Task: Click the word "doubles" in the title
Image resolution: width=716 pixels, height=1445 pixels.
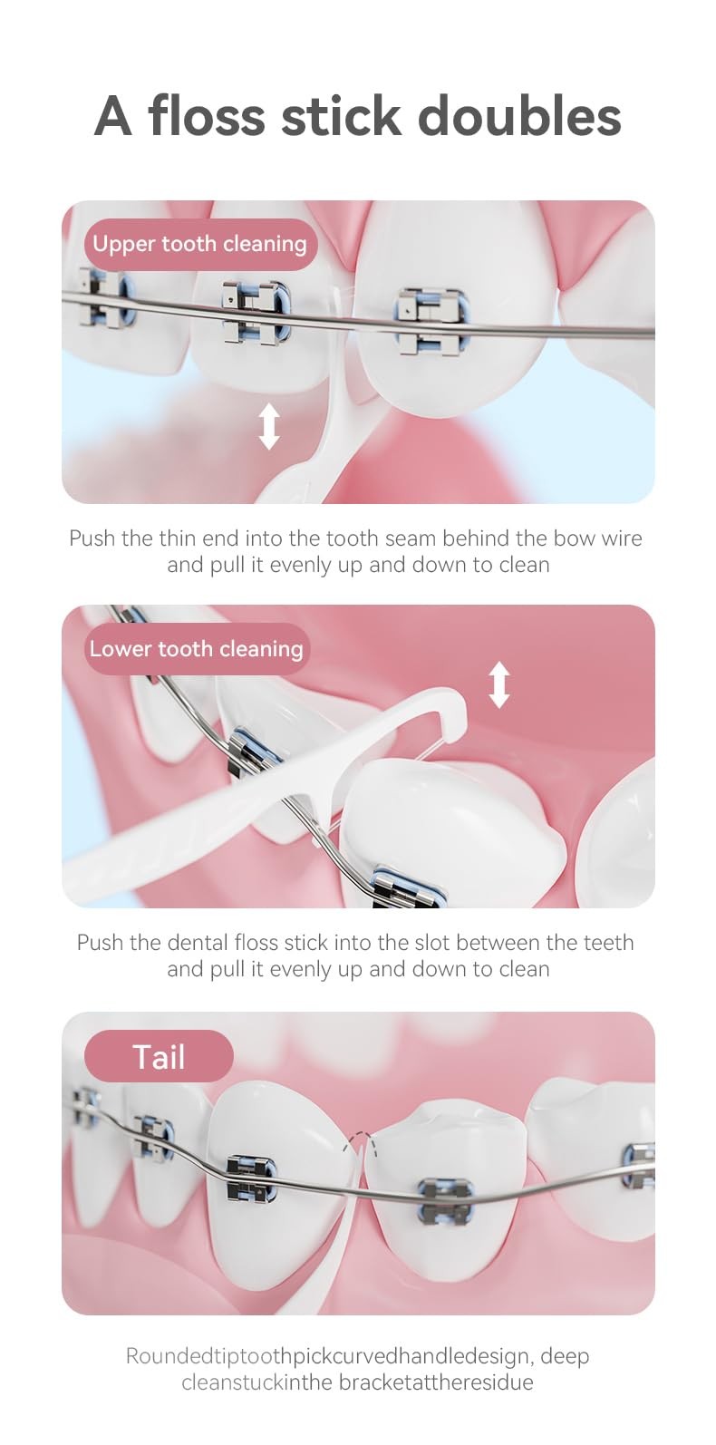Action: click(x=519, y=116)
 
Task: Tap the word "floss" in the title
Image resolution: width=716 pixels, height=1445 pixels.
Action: click(x=207, y=116)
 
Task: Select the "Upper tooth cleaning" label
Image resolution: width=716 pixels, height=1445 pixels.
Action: click(x=200, y=245)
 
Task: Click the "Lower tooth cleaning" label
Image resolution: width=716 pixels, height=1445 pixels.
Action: click(x=197, y=649)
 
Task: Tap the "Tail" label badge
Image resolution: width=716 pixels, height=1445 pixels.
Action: click(x=159, y=1057)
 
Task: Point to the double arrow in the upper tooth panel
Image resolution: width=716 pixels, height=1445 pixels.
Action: click(x=269, y=426)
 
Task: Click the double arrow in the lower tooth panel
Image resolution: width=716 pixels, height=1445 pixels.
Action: click(x=499, y=685)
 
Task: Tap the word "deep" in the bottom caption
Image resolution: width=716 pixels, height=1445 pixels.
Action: click(x=565, y=1357)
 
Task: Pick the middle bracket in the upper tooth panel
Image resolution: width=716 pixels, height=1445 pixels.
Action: click(x=256, y=312)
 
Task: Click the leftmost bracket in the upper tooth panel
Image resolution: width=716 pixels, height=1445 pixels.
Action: click(x=105, y=296)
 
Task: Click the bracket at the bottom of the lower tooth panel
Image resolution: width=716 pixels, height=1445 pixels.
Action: click(x=409, y=887)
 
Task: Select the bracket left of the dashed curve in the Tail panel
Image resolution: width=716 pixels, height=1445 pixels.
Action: click(x=251, y=1178)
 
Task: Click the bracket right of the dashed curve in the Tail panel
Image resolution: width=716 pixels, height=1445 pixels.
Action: click(x=446, y=1200)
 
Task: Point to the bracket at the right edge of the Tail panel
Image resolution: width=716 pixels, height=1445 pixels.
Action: click(x=639, y=1165)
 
